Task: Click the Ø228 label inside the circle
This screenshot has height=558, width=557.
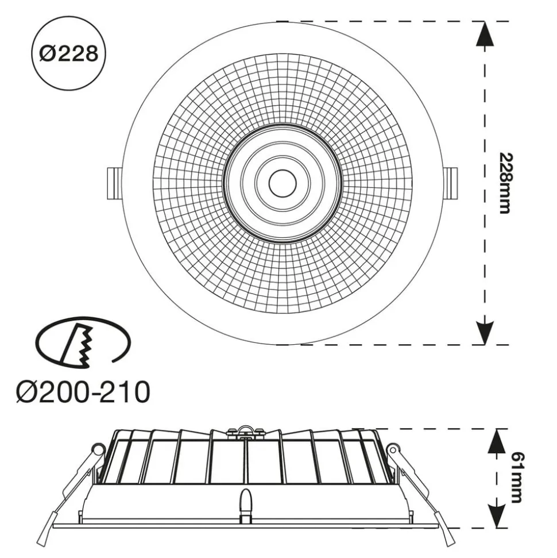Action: [x=69, y=54]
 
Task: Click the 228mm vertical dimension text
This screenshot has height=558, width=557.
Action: [x=504, y=183]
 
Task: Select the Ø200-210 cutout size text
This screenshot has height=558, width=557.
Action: [x=83, y=392]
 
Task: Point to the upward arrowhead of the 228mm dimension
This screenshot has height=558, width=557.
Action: [x=485, y=33]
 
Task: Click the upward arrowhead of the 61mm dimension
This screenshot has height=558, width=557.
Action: [x=497, y=441]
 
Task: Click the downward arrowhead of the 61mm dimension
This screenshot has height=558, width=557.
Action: [x=497, y=516]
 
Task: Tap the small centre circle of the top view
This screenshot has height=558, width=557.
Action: [x=283, y=183]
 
